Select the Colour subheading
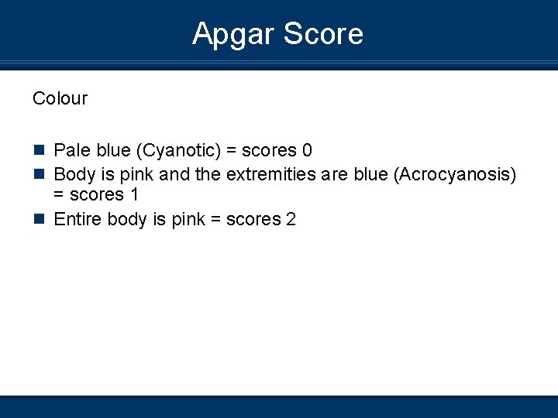click(x=60, y=98)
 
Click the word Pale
click(x=71, y=150)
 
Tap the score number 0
click(x=307, y=150)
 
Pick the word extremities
click(x=270, y=175)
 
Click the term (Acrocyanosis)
click(x=455, y=175)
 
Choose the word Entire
click(x=77, y=220)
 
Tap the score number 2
click(x=291, y=220)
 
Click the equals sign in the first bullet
click(x=231, y=150)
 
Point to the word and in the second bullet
click(x=175, y=175)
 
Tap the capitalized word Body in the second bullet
click(x=73, y=175)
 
